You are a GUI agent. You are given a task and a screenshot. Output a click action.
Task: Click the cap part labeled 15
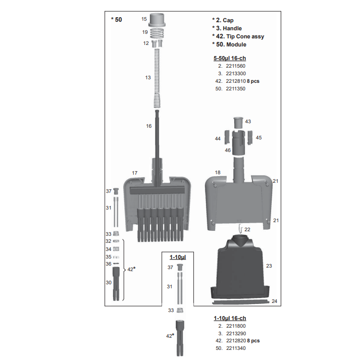point(157,20)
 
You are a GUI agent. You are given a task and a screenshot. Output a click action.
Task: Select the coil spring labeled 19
point(157,33)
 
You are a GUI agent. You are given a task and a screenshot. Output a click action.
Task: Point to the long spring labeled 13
point(157,78)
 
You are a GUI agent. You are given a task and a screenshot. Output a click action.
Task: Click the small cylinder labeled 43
point(238,123)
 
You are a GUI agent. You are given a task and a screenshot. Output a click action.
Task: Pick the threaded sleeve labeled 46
point(238,143)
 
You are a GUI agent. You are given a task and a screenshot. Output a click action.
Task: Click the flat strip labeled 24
point(241,302)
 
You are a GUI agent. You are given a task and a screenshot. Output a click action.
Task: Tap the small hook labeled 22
point(241,229)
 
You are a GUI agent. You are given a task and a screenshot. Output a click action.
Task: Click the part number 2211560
point(236,66)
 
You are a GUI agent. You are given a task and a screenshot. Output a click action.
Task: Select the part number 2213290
point(236,333)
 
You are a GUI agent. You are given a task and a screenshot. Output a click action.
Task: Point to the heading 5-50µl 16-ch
point(230,58)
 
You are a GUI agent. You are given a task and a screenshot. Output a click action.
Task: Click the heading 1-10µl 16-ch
point(230,318)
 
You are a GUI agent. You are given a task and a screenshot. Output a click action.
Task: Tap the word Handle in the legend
point(232,28)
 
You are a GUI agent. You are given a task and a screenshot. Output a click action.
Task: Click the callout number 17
point(135,173)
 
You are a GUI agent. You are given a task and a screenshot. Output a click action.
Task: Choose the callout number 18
point(218,172)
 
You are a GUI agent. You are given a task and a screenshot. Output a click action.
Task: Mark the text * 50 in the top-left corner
point(117,20)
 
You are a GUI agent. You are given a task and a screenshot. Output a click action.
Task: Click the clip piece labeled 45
point(250,137)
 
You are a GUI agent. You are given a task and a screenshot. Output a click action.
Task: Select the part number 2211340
point(236,348)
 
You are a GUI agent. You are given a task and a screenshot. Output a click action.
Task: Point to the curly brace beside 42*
point(124,270)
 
